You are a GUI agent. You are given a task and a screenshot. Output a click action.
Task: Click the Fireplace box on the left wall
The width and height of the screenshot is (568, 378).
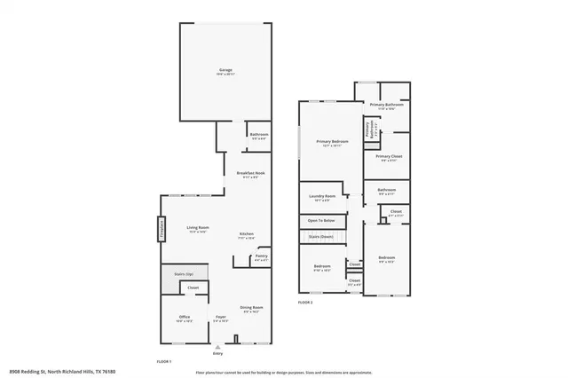click(x=162, y=228)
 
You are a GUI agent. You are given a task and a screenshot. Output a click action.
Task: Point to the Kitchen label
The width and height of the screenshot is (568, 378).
click(x=246, y=234)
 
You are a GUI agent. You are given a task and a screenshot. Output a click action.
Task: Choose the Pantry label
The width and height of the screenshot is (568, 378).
click(x=261, y=256)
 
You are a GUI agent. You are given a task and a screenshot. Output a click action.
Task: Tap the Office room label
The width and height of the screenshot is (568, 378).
click(x=184, y=319)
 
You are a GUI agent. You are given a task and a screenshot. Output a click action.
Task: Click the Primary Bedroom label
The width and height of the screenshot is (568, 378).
click(x=333, y=142)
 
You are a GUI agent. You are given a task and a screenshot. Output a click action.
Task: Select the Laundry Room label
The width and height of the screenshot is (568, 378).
click(x=321, y=196)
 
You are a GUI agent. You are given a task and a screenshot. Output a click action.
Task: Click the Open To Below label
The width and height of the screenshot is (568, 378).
click(x=321, y=220)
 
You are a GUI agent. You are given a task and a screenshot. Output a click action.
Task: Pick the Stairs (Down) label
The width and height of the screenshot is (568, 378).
click(x=320, y=237)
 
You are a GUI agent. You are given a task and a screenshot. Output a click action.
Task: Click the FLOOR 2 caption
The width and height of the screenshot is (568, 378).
click(x=305, y=301)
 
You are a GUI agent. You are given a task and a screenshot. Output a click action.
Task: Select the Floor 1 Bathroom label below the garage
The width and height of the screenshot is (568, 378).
click(x=259, y=135)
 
